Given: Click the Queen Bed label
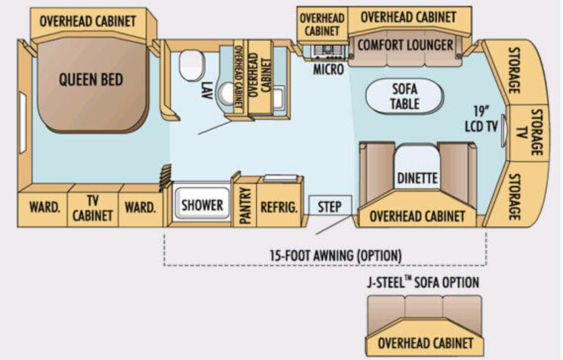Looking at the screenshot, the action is click(91, 79).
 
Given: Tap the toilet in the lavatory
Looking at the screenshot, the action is click(192, 65).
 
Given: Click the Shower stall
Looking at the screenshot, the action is click(202, 203).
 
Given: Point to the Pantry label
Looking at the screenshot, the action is click(245, 206).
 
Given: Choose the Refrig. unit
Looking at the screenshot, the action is click(279, 206).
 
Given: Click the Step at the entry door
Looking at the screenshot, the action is click(330, 206).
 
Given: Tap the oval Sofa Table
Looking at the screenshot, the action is click(405, 96).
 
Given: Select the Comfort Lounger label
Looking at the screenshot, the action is click(405, 45).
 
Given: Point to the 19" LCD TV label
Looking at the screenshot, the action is click(481, 119).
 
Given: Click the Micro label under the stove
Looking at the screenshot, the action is click(328, 69).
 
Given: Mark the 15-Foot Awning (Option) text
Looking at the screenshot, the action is click(336, 255).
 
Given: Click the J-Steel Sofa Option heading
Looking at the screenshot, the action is click(423, 282).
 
